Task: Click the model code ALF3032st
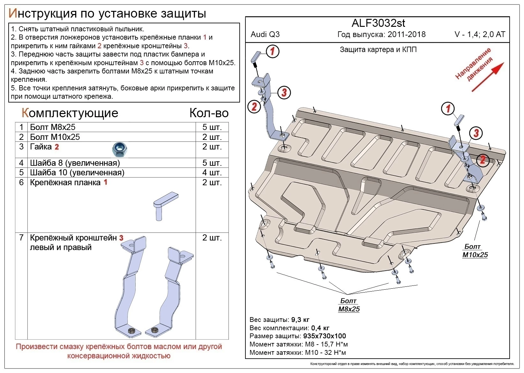[378, 23]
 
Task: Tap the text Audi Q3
[265, 34]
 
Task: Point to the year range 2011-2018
[407, 34]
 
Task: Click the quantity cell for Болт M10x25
[212, 137]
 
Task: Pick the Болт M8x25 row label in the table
[53, 127]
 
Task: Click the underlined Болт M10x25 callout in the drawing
[475, 251]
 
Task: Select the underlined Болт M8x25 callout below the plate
[348, 305]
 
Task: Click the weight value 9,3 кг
[300, 320]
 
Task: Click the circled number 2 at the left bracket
[254, 106]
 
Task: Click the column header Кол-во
[209, 113]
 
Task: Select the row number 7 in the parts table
[21, 238]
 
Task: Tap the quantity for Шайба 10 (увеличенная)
[212, 173]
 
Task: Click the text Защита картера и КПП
[378, 49]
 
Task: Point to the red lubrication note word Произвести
[36, 347]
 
